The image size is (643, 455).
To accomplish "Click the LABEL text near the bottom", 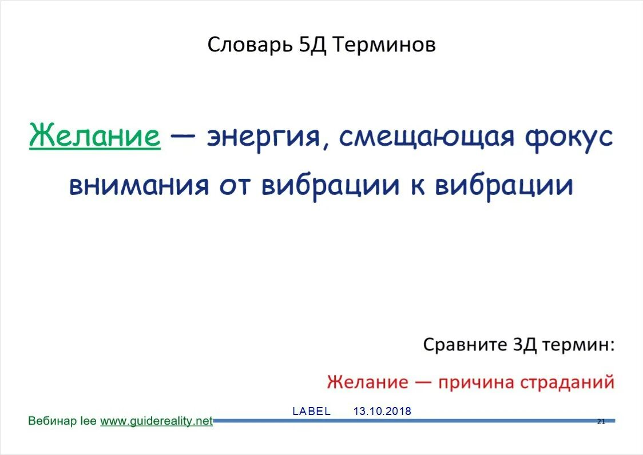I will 311,411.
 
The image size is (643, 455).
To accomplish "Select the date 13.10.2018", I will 382,411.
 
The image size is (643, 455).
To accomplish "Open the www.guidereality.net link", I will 156,421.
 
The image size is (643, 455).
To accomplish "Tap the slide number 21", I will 601,422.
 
